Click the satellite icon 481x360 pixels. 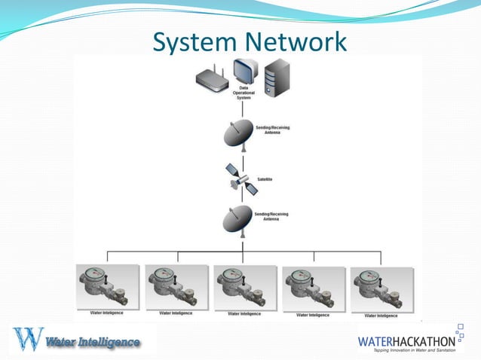pos(244,178)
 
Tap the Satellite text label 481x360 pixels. pos(265,179)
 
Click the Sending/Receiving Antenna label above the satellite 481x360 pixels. pos(274,130)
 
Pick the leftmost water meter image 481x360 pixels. pos(107,286)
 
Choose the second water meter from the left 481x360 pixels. pos(176,287)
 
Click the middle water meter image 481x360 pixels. pos(244,287)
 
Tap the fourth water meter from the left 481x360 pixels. pos(314,288)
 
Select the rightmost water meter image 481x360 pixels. pos(382,288)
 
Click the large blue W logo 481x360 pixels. pos(28,339)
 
